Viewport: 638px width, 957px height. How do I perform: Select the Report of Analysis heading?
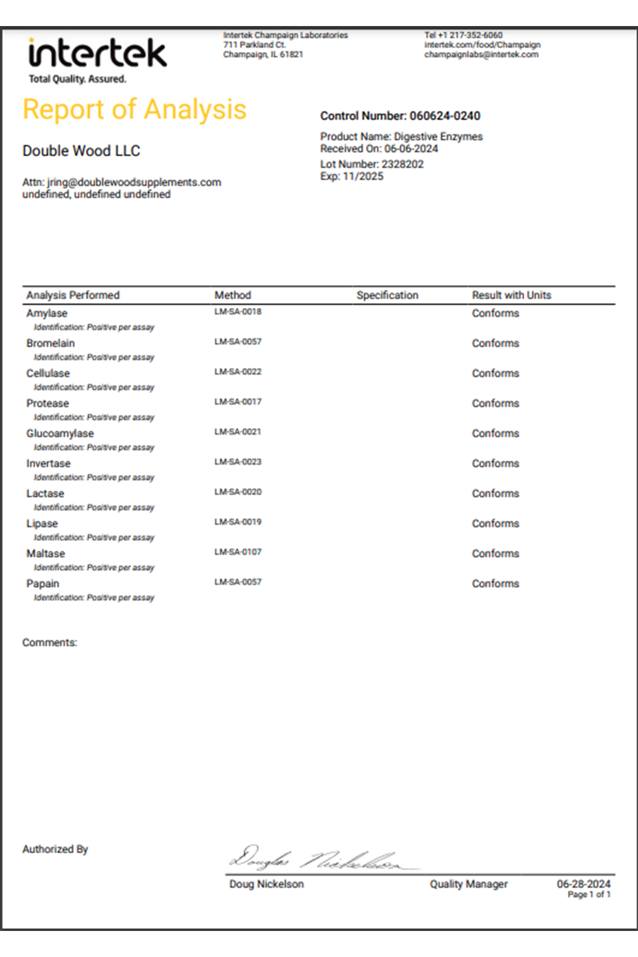(135, 110)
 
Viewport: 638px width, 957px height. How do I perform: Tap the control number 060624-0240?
(444, 116)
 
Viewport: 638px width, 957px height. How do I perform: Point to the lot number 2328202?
(402, 164)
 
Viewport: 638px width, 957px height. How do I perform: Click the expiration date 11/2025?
(363, 177)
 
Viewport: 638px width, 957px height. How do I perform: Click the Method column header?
(233, 295)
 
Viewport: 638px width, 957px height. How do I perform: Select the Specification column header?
(387, 295)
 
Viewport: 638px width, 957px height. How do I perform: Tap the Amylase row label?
(47, 313)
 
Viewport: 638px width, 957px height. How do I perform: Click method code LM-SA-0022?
(238, 372)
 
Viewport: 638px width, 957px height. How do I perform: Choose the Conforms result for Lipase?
(495, 524)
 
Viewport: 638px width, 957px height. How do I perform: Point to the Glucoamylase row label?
(60, 433)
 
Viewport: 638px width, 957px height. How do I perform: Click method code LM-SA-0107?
(238, 552)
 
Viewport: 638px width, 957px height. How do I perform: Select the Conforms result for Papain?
(495, 584)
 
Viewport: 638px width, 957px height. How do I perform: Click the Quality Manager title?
(468, 884)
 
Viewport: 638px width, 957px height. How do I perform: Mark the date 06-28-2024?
(583, 884)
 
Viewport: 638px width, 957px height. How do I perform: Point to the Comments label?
(49, 643)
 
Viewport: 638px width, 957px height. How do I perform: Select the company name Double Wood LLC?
(81, 151)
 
